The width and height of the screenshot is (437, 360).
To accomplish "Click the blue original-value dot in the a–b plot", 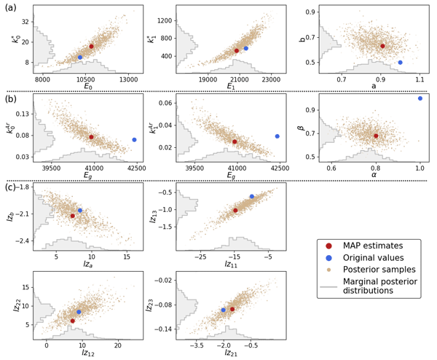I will [x=400, y=63].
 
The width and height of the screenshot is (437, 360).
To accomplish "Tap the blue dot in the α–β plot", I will [x=420, y=98].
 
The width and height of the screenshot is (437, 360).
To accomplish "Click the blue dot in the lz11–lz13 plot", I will [x=252, y=197].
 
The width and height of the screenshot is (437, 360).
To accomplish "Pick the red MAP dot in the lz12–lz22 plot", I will [x=72, y=321].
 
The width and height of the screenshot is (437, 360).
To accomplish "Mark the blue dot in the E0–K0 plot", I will [x=80, y=57].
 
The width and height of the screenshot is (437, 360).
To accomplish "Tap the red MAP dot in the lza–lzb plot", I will [x=72, y=216].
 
